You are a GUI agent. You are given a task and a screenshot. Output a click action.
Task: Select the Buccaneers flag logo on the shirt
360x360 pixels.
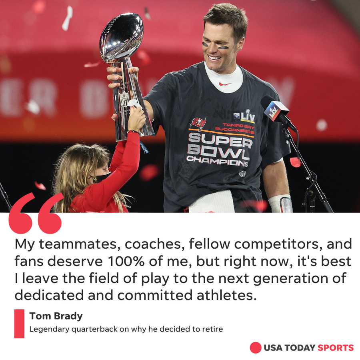pos(198,124)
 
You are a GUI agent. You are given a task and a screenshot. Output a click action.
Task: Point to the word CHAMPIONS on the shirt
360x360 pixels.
pos(217,161)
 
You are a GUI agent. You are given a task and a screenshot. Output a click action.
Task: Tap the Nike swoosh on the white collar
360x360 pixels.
pos(225,84)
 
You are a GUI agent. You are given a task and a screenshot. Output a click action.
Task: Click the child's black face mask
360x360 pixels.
pos(102,177)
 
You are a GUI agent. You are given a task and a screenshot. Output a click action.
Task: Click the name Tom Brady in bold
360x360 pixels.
pos(56,316)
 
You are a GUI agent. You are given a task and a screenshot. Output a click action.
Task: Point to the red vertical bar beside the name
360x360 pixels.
pos(19,323)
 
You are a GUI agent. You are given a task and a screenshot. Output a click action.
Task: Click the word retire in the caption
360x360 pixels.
pos(214,329)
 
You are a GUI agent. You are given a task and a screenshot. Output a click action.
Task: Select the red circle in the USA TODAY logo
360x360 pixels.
pos(255,348)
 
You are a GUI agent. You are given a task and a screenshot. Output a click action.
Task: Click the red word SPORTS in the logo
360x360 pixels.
pos(336,348)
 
